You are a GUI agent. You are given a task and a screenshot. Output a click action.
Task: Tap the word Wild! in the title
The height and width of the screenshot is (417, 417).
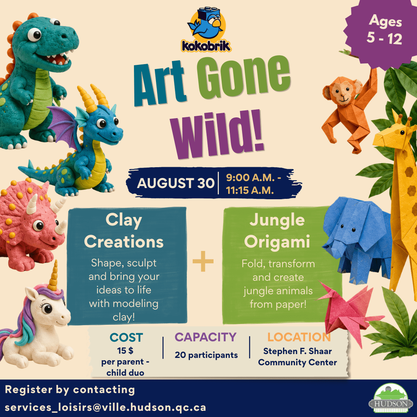click(217, 135)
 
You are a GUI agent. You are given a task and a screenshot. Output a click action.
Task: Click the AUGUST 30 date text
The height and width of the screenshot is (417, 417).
click(176, 183)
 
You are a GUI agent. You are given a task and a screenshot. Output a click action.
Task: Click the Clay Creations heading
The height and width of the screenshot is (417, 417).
click(124, 231)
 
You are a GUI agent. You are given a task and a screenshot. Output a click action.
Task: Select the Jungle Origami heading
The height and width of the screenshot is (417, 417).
click(277, 231)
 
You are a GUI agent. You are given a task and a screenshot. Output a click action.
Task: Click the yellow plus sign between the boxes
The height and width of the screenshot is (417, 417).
click(203, 261)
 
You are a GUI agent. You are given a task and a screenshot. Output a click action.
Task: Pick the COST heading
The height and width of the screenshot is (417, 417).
click(126, 337)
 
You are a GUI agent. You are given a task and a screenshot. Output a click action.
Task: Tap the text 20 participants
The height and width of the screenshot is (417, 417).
click(206, 355)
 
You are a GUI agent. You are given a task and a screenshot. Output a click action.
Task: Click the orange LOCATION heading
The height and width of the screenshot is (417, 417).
click(299, 337)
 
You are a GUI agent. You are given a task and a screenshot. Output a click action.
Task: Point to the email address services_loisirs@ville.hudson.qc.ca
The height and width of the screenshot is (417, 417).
click(105, 407)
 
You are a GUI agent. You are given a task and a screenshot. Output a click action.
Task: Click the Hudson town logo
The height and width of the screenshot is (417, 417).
click(390, 398)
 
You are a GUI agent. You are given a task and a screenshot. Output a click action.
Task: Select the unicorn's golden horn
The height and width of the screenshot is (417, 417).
click(54, 276)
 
